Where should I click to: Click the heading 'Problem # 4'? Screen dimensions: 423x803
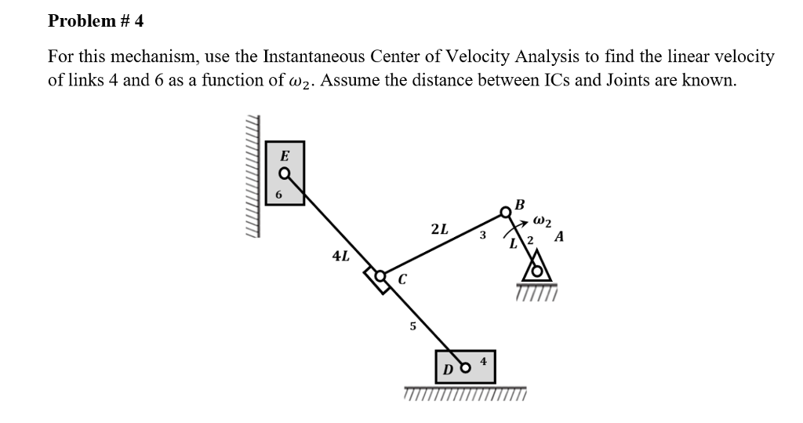pos(96,21)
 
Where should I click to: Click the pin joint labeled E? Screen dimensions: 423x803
pos(285,173)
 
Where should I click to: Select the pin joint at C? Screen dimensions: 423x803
pos(381,276)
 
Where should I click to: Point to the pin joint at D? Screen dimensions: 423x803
pos(466,366)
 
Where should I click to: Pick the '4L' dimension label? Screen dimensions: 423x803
pos(341,256)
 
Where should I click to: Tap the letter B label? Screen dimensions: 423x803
pos(519,204)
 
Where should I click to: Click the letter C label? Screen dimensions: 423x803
pos(402,278)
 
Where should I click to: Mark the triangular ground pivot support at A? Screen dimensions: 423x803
pos(537,274)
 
